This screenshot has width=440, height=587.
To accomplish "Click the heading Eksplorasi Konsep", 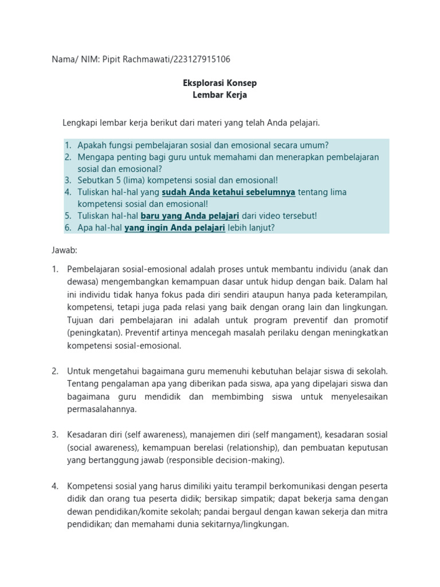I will [x=219, y=84].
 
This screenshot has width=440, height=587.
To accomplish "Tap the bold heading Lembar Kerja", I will [x=219, y=95].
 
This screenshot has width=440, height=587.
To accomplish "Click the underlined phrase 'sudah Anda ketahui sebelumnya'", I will [x=229, y=192].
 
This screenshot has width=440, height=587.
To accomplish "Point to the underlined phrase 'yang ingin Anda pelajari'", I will [x=175, y=227].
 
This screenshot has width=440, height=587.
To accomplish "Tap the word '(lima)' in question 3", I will [x=130, y=180].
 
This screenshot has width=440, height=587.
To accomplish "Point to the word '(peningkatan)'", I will [x=93, y=332].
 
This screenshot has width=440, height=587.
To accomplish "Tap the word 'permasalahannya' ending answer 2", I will [x=101, y=409].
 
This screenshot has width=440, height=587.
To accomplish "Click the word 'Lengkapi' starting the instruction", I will [x=79, y=123].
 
